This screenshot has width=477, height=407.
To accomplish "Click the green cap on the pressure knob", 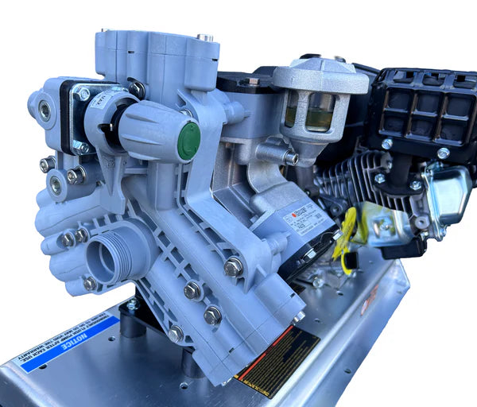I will click(188, 141).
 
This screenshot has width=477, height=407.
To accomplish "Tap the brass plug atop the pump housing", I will click(204, 37).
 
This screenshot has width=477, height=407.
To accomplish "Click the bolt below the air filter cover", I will click(388, 144).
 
